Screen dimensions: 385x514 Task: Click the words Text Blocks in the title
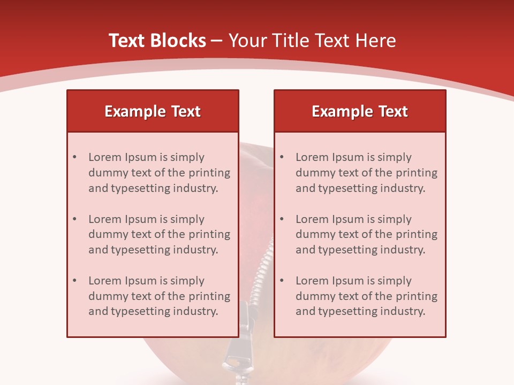(x=157, y=41)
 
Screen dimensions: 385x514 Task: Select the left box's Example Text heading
(x=153, y=111)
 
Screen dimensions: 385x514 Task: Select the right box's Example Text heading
(x=360, y=111)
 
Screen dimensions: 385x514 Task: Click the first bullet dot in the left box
(x=75, y=157)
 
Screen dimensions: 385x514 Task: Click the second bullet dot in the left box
(x=75, y=219)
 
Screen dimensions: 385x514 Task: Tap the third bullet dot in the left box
(x=75, y=281)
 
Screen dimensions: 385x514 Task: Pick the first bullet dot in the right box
(x=282, y=157)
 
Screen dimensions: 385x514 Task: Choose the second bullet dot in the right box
(x=282, y=219)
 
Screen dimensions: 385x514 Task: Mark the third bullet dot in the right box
(x=282, y=281)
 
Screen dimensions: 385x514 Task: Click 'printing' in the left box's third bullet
(x=209, y=296)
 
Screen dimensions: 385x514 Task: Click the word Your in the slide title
(x=245, y=41)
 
